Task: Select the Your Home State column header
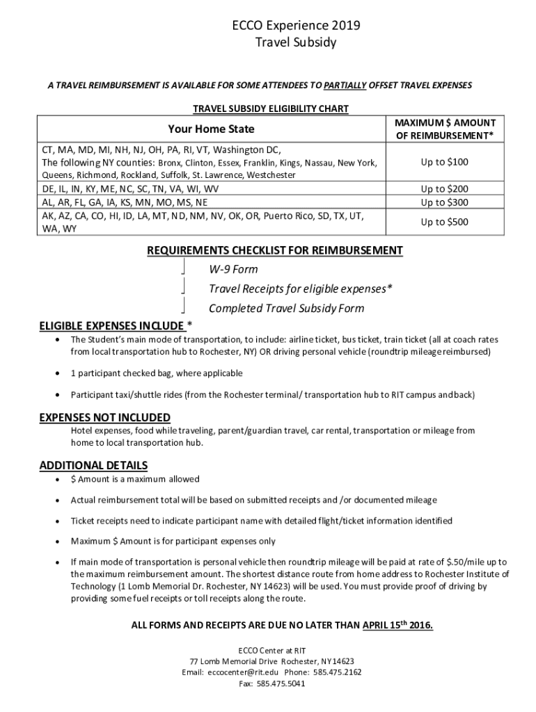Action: pos(211,129)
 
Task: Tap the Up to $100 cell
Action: pos(444,162)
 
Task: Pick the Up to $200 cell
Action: pos(444,189)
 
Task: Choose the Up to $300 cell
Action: pos(444,202)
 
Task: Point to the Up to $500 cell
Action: pos(444,222)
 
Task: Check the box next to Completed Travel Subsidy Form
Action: pos(183,307)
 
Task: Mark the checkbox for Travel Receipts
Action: pos(183,287)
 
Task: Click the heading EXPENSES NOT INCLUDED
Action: pos(104,417)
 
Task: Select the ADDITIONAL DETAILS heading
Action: pos(93,465)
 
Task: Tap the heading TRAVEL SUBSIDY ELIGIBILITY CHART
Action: pos(270,109)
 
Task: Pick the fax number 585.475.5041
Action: pos(281,684)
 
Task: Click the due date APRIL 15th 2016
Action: pos(397,625)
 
